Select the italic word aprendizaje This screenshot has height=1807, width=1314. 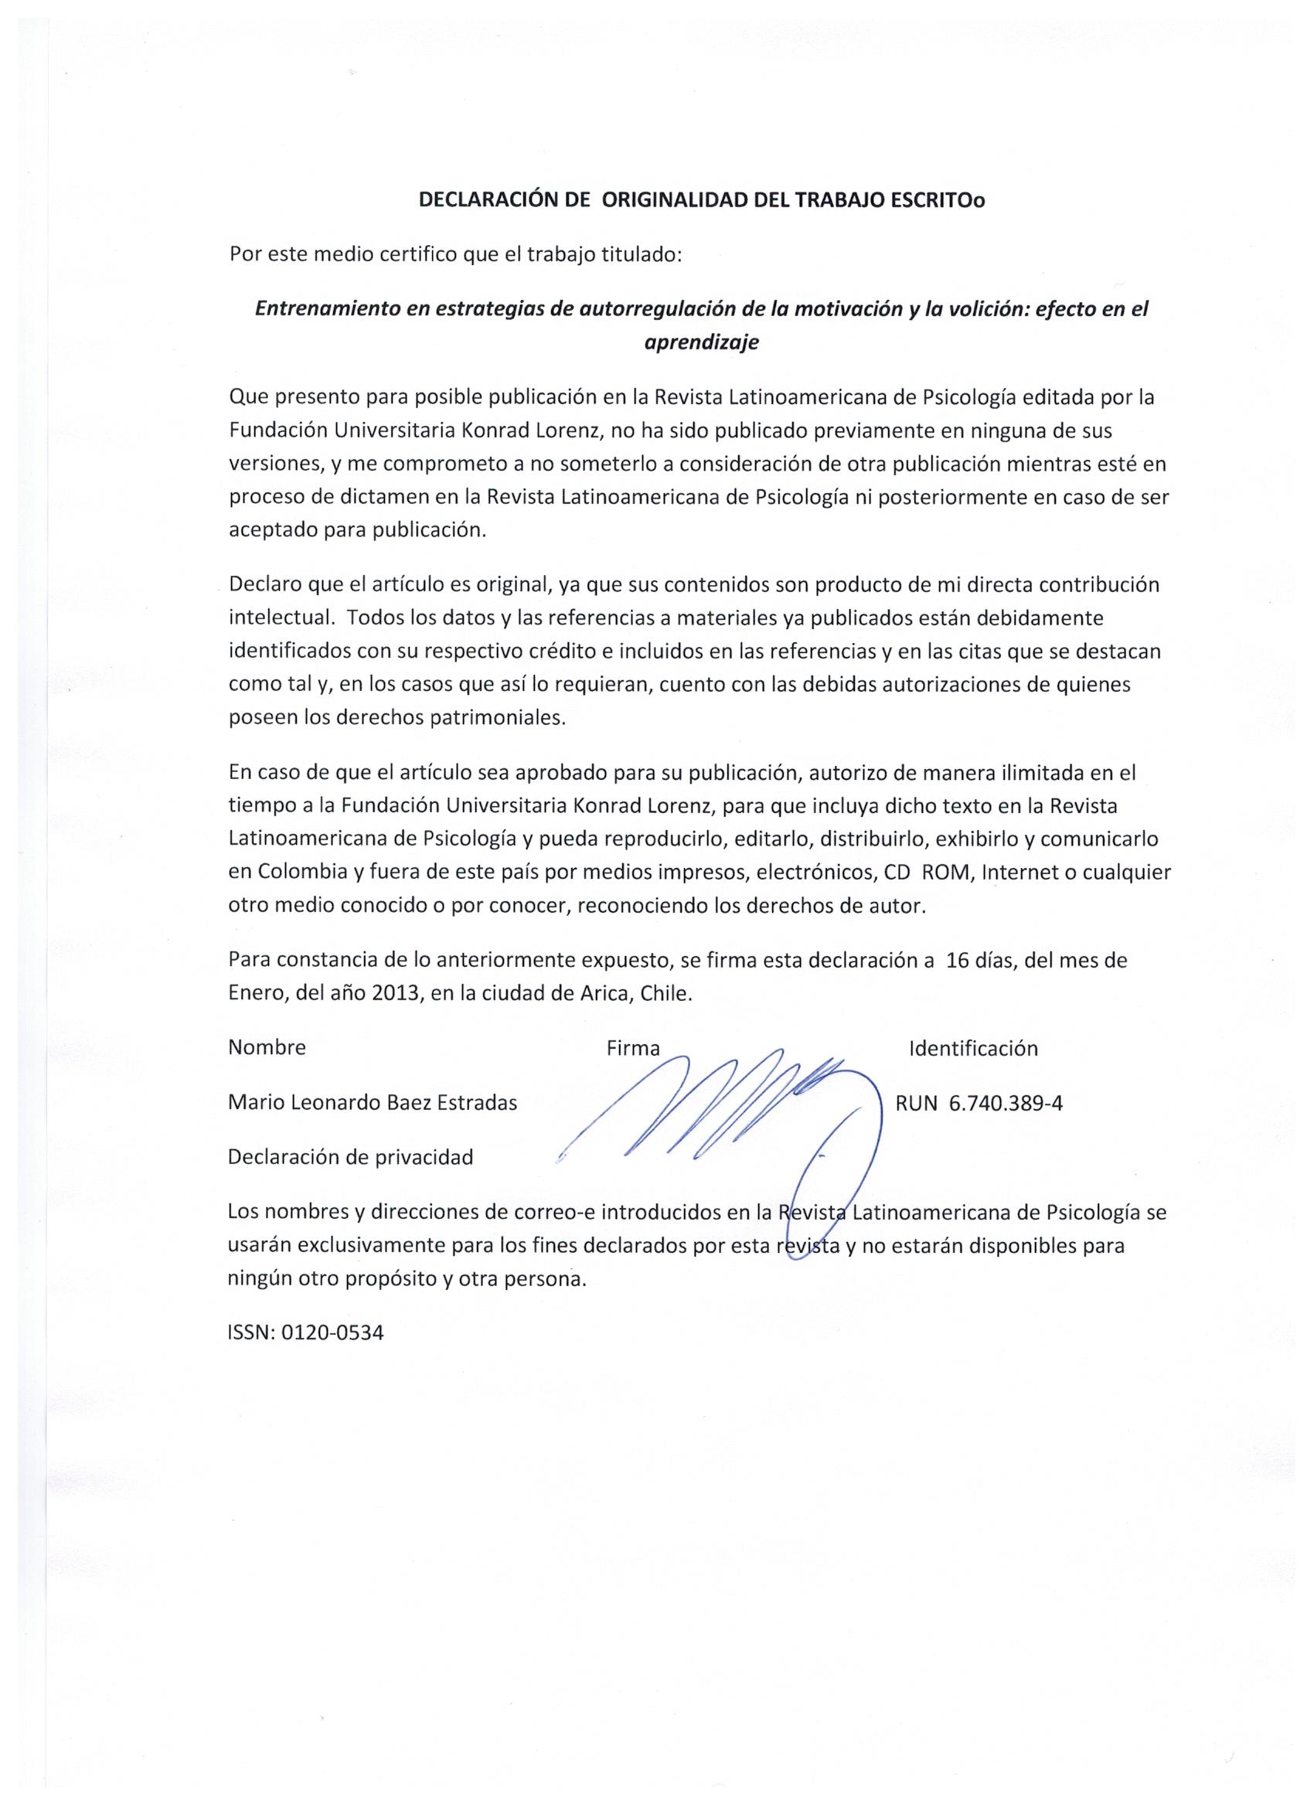pyautogui.click(x=701, y=342)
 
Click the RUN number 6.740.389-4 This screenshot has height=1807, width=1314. pyautogui.click(x=1006, y=1103)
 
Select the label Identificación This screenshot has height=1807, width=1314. pyautogui.click(x=973, y=1048)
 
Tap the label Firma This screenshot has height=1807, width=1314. pyautogui.click(x=633, y=1049)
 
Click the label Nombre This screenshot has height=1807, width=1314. pyautogui.click(x=267, y=1047)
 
